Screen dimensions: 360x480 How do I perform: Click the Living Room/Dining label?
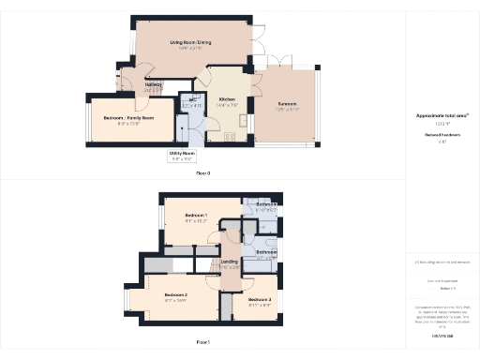click(x=191, y=43)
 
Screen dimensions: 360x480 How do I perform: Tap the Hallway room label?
click(x=154, y=83)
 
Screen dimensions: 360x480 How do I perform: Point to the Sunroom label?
click(x=286, y=104)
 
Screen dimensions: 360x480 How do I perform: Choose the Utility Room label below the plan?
click(x=182, y=152)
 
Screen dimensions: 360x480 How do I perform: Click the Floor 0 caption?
click(x=202, y=173)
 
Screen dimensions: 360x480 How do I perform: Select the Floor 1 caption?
click(x=202, y=342)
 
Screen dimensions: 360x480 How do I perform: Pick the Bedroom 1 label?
click(x=196, y=215)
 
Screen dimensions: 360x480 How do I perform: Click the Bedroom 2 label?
click(x=175, y=294)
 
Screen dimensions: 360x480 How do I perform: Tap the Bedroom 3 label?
click(x=260, y=299)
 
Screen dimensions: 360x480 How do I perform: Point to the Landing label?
click(x=230, y=262)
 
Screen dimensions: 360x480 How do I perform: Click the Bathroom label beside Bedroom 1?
click(x=266, y=204)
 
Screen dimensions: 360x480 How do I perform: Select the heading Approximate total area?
click(x=442, y=115)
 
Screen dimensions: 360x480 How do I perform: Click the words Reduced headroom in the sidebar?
click(x=442, y=135)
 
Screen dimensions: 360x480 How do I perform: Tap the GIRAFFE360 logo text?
click(x=442, y=334)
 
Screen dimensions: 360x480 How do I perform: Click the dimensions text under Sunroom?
click(x=286, y=110)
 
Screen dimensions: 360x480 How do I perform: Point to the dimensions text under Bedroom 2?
click(x=175, y=300)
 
